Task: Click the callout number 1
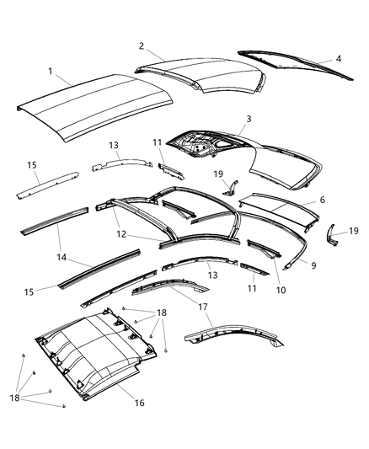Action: (51, 71)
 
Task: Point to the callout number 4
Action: (339, 59)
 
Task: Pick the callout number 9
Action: (314, 265)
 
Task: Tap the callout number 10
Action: (281, 291)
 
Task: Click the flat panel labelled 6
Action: (278, 206)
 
